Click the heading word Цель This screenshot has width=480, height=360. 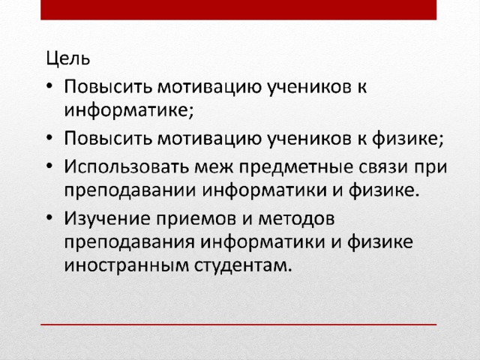68,58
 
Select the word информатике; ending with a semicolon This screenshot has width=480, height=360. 129,109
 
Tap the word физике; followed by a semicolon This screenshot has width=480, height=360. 408,138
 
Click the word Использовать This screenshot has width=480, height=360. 126,166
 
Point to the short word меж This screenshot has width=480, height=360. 214,166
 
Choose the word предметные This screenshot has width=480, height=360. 295,167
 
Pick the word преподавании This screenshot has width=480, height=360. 130,190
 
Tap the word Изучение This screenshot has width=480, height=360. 106,218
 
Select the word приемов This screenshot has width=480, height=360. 196,220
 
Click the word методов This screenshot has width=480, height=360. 296,219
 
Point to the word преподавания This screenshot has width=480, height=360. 129,242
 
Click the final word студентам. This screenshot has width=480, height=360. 243,265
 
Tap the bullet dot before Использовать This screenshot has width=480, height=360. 49,166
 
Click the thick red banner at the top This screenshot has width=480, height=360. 238,10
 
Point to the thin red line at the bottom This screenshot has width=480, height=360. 238,325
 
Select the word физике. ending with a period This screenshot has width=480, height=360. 384,190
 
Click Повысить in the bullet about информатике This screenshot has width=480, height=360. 108,87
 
